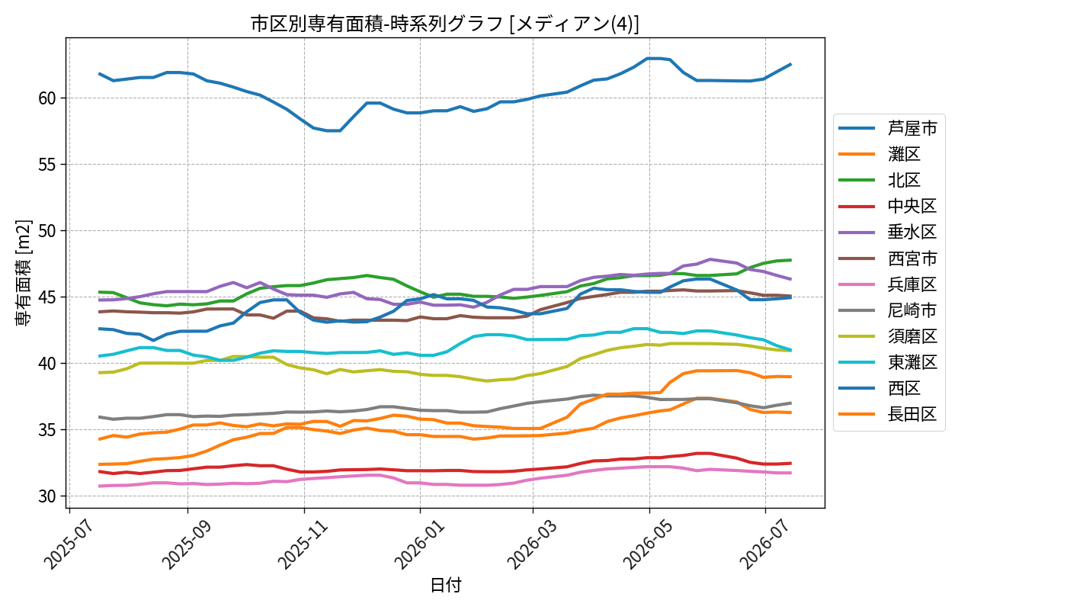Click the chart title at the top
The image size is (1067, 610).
pyautogui.click(x=445, y=24)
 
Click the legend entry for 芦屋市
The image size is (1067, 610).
pyautogui.click(x=888, y=128)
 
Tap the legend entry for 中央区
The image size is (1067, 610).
pyautogui.click(x=888, y=206)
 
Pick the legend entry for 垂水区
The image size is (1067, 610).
pyautogui.click(x=888, y=232)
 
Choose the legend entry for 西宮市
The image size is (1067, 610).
pyautogui.click(x=888, y=258)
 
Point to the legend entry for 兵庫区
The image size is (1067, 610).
pyautogui.click(x=888, y=284)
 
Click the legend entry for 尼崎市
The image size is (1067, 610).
pyautogui.click(x=888, y=310)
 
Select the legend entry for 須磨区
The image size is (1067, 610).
pyautogui.click(x=888, y=336)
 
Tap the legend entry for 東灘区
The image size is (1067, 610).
pyautogui.click(x=888, y=362)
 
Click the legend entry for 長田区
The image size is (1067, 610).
pyautogui.click(x=888, y=414)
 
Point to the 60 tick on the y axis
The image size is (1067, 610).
pyautogui.click(x=47, y=98)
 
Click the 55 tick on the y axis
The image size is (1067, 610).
pyautogui.click(x=47, y=165)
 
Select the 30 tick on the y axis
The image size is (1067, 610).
pyautogui.click(x=47, y=496)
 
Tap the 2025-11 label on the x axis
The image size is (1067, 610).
pyautogui.click(x=303, y=544)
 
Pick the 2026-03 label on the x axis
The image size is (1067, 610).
pyautogui.click(x=532, y=544)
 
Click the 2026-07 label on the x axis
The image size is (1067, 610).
pyautogui.click(x=764, y=544)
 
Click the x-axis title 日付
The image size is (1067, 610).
pyautogui.click(x=445, y=585)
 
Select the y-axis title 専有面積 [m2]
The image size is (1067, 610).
pyautogui.click(x=24, y=273)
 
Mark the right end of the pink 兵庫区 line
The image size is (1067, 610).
pyautogui.click(x=791, y=473)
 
